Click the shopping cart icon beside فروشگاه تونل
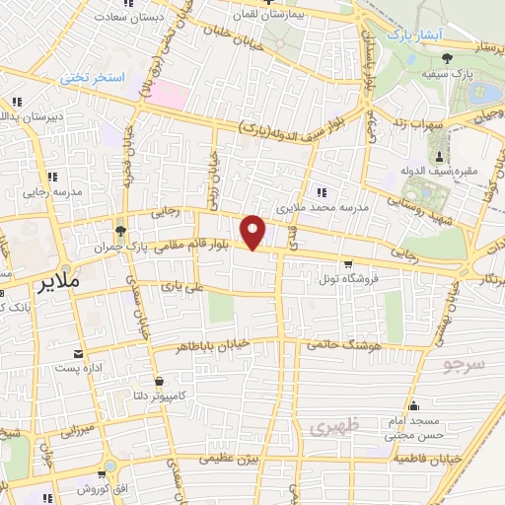click(347, 263)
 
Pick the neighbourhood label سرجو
click(465, 366)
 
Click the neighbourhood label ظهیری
click(328, 427)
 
